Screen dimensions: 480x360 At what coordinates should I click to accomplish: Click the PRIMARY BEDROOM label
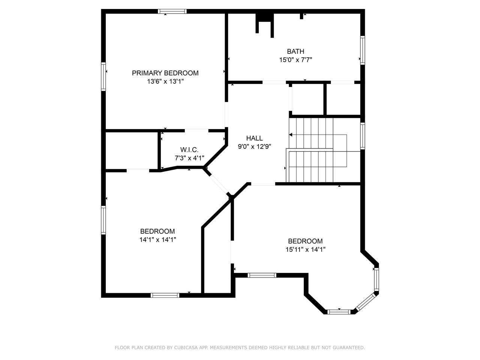(165, 73)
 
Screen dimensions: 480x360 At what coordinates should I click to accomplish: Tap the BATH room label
(295, 51)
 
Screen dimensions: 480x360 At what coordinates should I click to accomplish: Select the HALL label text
(254, 138)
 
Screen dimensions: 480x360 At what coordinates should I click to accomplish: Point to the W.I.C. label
(189, 150)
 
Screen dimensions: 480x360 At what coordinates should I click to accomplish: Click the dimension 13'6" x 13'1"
(165, 81)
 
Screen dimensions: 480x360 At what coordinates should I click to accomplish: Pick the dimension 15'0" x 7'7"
(295, 60)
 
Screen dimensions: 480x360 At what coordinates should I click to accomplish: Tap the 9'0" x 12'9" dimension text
(254, 147)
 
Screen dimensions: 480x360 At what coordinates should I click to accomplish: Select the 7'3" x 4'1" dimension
(189, 158)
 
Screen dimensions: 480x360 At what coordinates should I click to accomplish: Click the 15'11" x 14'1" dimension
(305, 249)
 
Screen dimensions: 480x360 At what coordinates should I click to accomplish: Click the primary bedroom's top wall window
(172, 11)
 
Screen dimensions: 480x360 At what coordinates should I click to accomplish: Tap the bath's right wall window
(363, 50)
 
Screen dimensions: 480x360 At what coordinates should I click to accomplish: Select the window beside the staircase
(363, 136)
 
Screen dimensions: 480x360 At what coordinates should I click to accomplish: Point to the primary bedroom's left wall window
(103, 76)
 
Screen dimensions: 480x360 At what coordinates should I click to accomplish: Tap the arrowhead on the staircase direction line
(291, 135)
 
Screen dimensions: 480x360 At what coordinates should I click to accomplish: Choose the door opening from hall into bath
(274, 82)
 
